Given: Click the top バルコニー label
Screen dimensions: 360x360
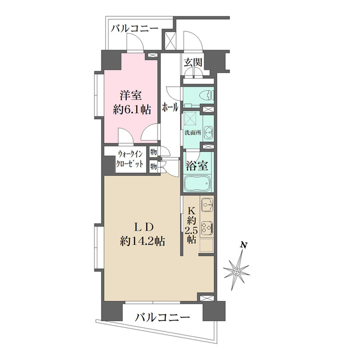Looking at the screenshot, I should pyautogui.click(x=134, y=28).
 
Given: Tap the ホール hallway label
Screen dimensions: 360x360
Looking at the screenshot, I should pyautogui.click(x=170, y=107).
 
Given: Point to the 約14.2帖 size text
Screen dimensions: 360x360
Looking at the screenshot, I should pyautogui.click(x=142, y=242).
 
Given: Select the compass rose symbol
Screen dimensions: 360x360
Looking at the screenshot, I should pyautogui.click(x=236, y=272).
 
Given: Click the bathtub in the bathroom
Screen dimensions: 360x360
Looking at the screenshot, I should pyautogui.click(x=197, y=183).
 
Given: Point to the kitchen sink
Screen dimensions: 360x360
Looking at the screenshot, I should pyautogui.click(x=206, y=206).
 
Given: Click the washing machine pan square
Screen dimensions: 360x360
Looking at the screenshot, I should pyautogui.click(x=191, y=119).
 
